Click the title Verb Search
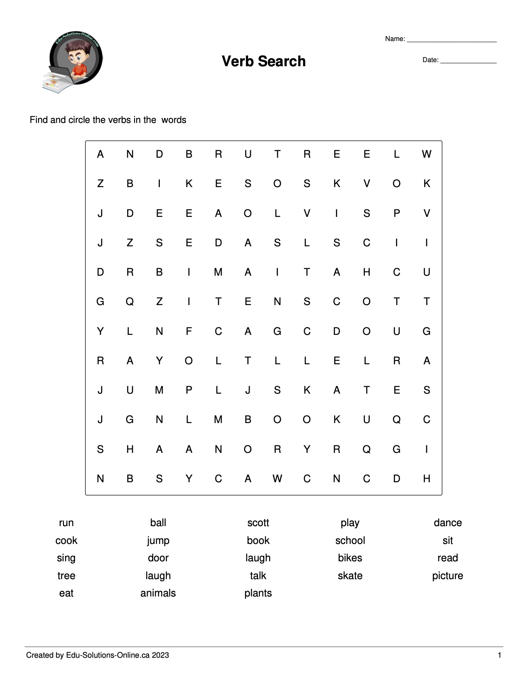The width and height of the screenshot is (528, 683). (263, 61)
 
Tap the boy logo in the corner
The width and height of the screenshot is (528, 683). (73, 61)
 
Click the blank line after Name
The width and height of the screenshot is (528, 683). (451, 40)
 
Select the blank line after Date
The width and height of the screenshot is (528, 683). (468, 61)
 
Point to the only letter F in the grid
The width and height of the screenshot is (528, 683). (189, 331)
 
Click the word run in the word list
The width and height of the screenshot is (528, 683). (66, 523)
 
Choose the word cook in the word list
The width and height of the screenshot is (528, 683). (66, 541)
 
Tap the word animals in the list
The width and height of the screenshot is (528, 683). (158, 593)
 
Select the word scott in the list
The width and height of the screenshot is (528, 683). (258, 523)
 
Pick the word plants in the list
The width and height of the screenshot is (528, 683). (258, 593)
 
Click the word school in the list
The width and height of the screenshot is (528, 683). (350, 541)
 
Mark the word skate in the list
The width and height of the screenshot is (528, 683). (350, 576)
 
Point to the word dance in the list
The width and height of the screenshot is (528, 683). (448, 523)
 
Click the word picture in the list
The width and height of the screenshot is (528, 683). (448, 576)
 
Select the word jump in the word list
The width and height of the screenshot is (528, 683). (158, 541)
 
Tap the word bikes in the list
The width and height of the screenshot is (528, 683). (350, 558)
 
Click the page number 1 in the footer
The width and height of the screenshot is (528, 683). (499, 655)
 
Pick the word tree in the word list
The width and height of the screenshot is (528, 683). (66, 576)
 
